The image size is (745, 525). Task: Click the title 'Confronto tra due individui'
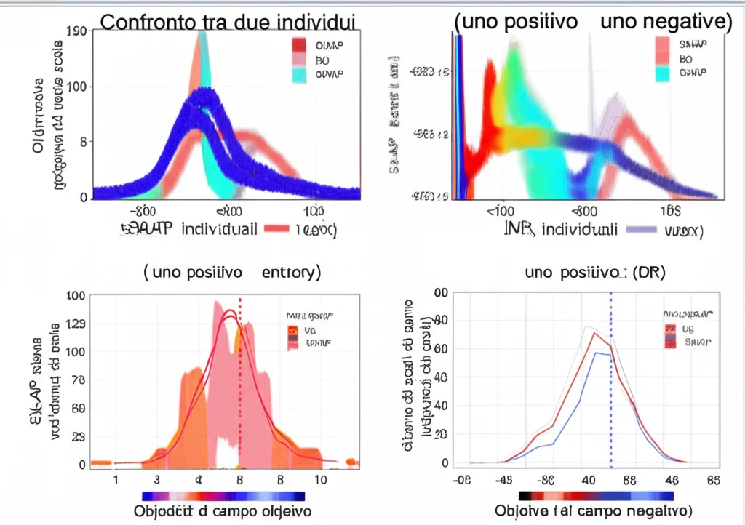tap(227, 21)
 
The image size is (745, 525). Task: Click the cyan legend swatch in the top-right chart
tap(661, 73)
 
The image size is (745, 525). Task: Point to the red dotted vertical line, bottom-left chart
tap(240, 378)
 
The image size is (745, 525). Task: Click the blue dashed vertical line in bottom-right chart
tap(610, 378)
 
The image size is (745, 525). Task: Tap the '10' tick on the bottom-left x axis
tap(321, 481)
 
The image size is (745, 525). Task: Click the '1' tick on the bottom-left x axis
tap(115, 481)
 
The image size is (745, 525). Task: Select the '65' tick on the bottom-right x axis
tap(714, 480)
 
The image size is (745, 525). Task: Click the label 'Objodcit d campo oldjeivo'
tap(226, 510)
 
